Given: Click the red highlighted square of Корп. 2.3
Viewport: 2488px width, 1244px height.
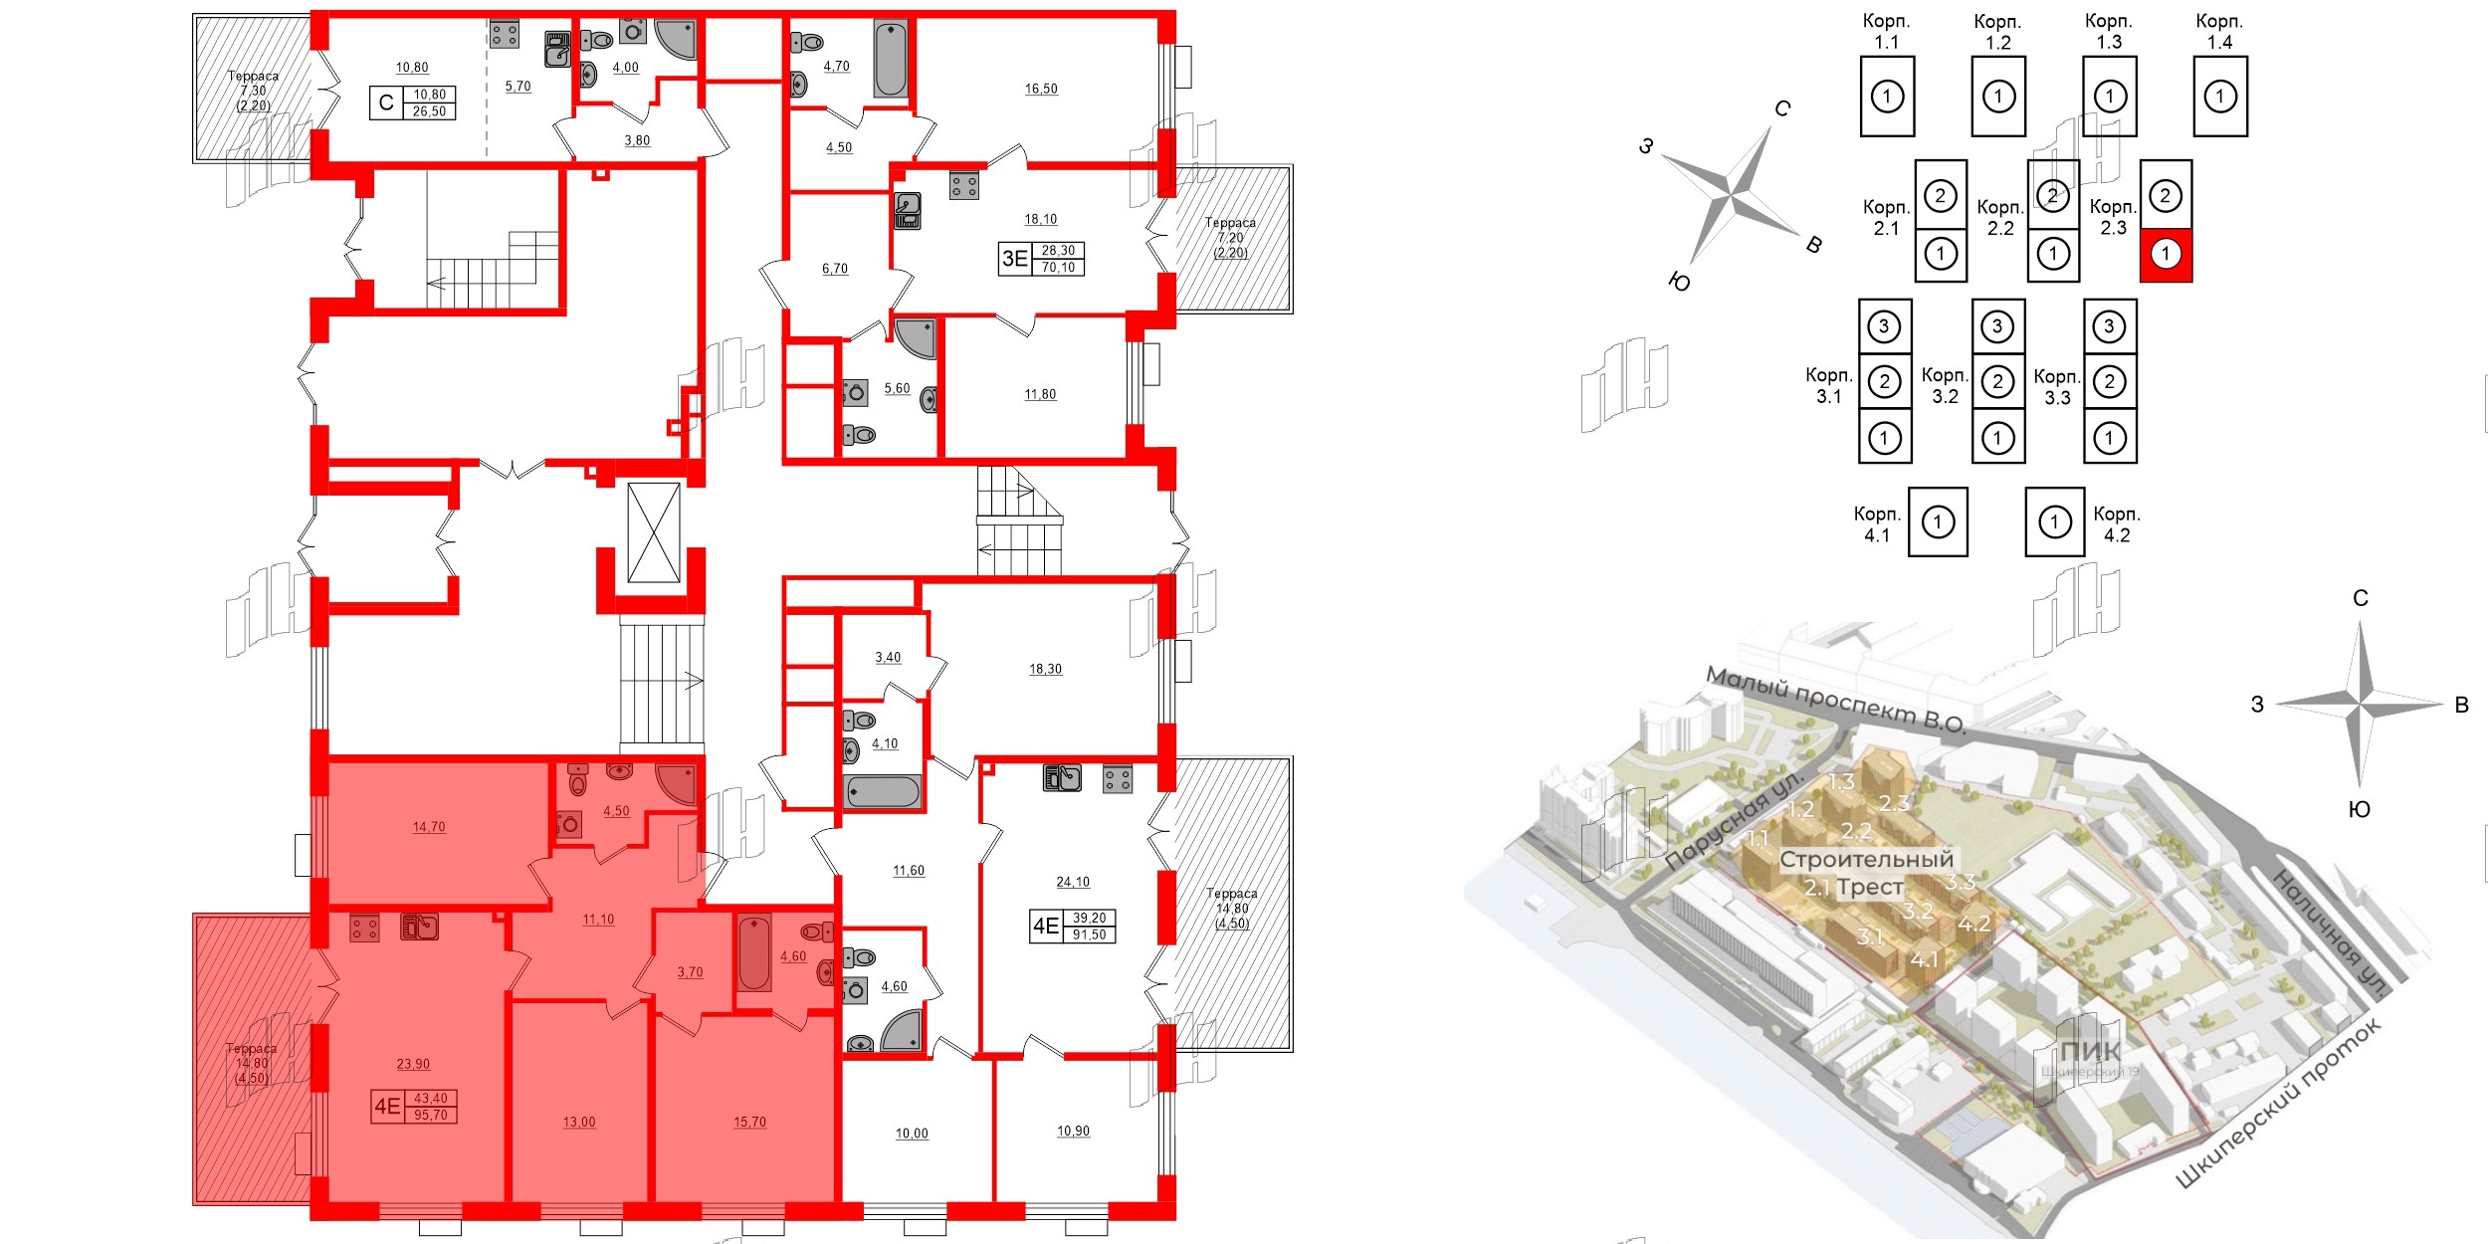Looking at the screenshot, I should (x=2166, y=255).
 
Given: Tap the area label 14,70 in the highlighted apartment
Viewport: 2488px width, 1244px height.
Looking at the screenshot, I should (x=429, y=827).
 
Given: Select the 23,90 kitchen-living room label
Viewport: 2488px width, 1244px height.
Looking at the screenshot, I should (x=413, y=1064).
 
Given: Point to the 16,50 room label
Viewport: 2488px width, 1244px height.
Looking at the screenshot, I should (x=1041, y=89).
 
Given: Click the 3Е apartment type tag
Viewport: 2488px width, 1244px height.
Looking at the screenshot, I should (x=1014, y=259).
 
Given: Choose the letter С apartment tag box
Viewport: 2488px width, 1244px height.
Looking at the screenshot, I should (x=386, y=103).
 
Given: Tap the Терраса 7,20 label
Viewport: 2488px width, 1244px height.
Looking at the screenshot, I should (x=1230, y=237).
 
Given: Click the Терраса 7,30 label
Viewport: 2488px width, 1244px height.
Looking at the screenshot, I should (x=253, y=90).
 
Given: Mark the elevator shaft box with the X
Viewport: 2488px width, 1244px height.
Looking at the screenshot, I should (x=654, y=532).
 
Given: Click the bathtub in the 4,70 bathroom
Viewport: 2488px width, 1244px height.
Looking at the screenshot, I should (x=891, y=60).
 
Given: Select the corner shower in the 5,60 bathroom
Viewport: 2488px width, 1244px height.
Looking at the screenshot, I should (x=917, y=337).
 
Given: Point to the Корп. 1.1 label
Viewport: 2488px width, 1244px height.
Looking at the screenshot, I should (x=1886, y=32).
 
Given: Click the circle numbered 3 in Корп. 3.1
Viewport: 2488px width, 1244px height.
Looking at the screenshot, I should (x=1884, y=326).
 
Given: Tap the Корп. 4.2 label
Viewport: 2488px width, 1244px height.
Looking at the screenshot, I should (x=2116, y=524).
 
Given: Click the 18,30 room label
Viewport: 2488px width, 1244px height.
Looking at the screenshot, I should (x=1045, y=669).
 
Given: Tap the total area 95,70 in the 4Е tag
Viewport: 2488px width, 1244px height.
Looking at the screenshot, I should (x=431, y=1115).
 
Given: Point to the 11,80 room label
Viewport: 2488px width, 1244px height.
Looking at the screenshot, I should (x=1040, y=394).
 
